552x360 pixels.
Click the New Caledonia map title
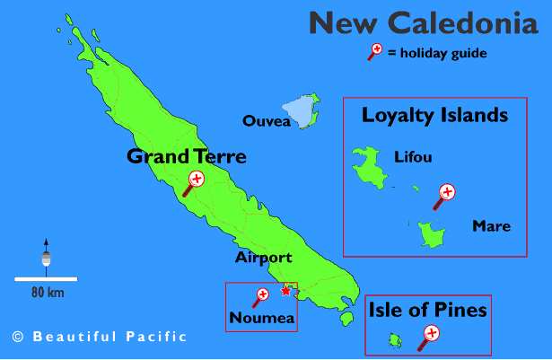[423, 23]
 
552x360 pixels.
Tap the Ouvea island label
[267, 121]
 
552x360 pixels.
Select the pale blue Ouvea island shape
[307, 110]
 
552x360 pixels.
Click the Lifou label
[413, 158]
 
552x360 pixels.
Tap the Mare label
[491, 226]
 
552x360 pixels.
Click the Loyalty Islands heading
[434, 115]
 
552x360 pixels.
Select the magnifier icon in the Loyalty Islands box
[444, 194]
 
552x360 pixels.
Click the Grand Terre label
[186, 157]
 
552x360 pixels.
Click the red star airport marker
[285, 290]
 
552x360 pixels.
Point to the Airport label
[264, 258]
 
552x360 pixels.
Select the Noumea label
[261, 318]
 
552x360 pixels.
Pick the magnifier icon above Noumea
[261, 295]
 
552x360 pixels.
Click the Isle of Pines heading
[427, 311]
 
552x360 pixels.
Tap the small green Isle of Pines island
[393, 339]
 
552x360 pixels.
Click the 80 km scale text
[47, 292]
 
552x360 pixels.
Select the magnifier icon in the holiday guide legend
[374, 51]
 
